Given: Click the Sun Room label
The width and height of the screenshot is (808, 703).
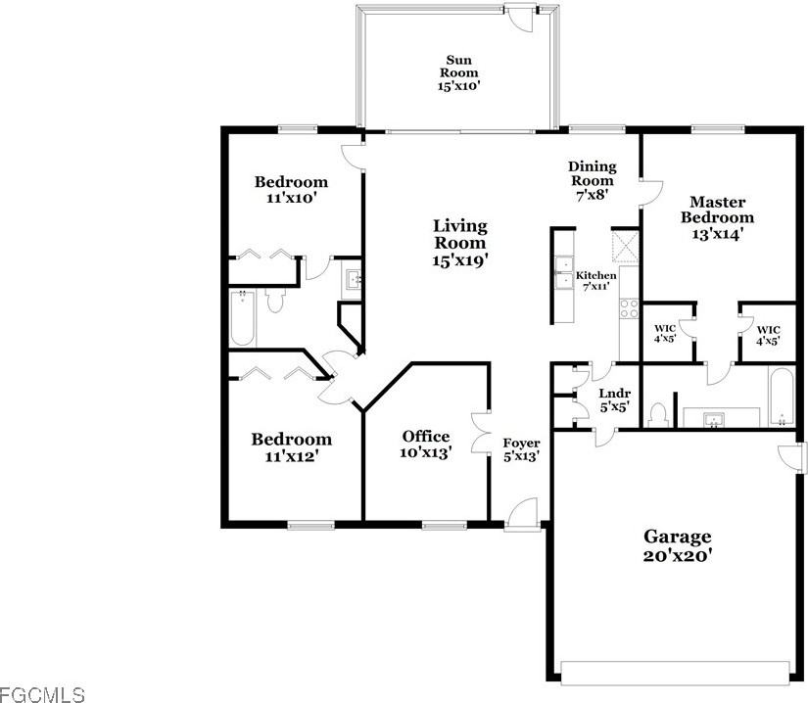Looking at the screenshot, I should pyautogui.click(x=458, y=72).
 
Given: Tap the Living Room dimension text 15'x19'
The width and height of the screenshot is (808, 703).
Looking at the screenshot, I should pyautogui.click(x=459, y=259).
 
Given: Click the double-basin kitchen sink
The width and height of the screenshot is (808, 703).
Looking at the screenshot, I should pyautogui.click(x=564, y=273).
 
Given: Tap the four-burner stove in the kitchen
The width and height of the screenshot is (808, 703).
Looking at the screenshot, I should pyautogui.click(x=628, y=311).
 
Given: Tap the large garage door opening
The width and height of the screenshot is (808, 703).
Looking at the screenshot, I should pyautogui.click(x=675, y=671).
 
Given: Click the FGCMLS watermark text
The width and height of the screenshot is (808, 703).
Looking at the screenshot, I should pyautogui.click(x=43, y=694).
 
